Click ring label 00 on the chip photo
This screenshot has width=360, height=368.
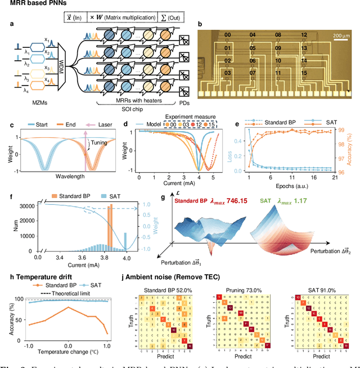pos(227,35)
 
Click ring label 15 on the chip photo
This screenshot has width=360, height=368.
pos(304,72)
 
